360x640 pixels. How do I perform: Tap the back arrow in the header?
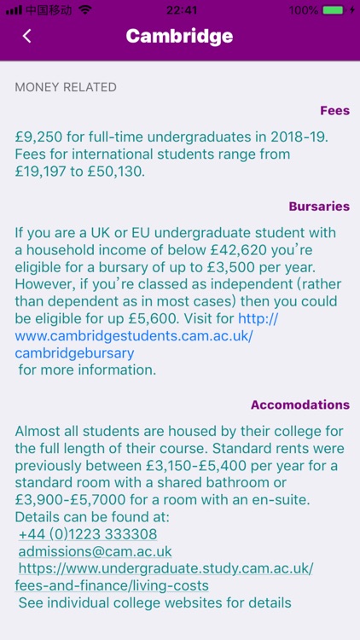(x=27, y=36)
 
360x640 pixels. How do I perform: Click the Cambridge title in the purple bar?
(x=179, y=36)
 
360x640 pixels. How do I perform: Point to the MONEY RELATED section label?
(x=66, y=87)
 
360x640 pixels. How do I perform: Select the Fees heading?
(x=334, y=110)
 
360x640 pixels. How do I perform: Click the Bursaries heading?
(x=319, y=207)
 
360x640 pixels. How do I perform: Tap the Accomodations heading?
(x=300, y=404)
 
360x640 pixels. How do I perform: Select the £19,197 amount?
(x=44, y=171)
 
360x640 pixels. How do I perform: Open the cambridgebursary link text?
(x=74, y=352)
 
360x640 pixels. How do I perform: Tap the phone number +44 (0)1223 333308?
(x=88, y=534)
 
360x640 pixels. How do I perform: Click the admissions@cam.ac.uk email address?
(x=95, y=551)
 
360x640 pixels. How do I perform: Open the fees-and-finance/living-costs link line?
(x=112, y=585)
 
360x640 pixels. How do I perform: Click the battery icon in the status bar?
(x=334, y=10)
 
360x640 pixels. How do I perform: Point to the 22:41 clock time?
(x=180, y=10)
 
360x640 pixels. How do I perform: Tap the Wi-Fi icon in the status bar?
(x=84, y=10)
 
